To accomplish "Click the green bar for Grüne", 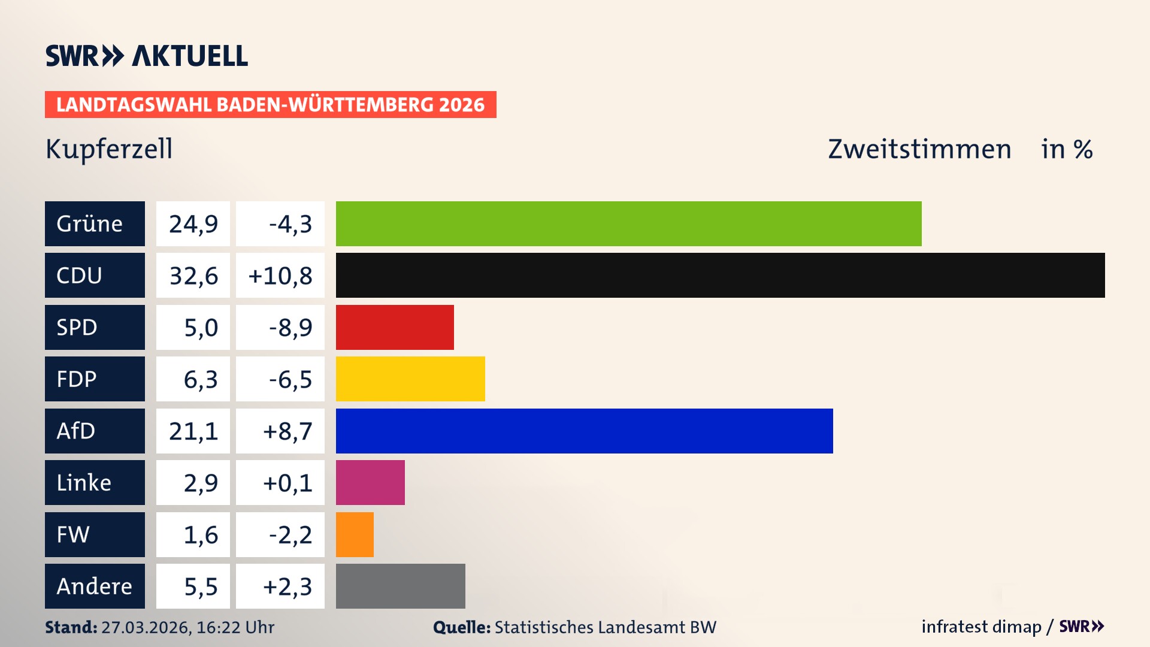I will (x=628, y=223).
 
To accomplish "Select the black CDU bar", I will (x=720, y=276).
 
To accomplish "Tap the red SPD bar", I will (x=395, y=327).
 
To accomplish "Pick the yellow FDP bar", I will (x=410, y=379).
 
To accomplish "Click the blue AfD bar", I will (x=584, y=431).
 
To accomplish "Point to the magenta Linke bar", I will (x=370, y=482).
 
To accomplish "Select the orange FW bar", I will (x=355, y=534).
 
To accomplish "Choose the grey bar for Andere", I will (x=400, y=586).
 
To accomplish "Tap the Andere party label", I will (x=95, y=586).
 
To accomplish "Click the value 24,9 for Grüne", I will (x=193, y=224).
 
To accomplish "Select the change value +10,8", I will (x=280, y=276).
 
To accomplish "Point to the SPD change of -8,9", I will (x=290, y=327).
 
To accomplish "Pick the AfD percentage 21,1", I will (x=193, y=431).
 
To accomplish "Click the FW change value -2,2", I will (x=290, y=534).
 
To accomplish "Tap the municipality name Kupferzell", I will (x=109, y=149).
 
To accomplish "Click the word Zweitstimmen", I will (x=919, y=149).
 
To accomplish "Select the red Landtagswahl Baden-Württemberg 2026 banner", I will (x=270, y=104).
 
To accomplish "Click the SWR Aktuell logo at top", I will (x=147, y=56).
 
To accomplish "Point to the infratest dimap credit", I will (x=981, y=627).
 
